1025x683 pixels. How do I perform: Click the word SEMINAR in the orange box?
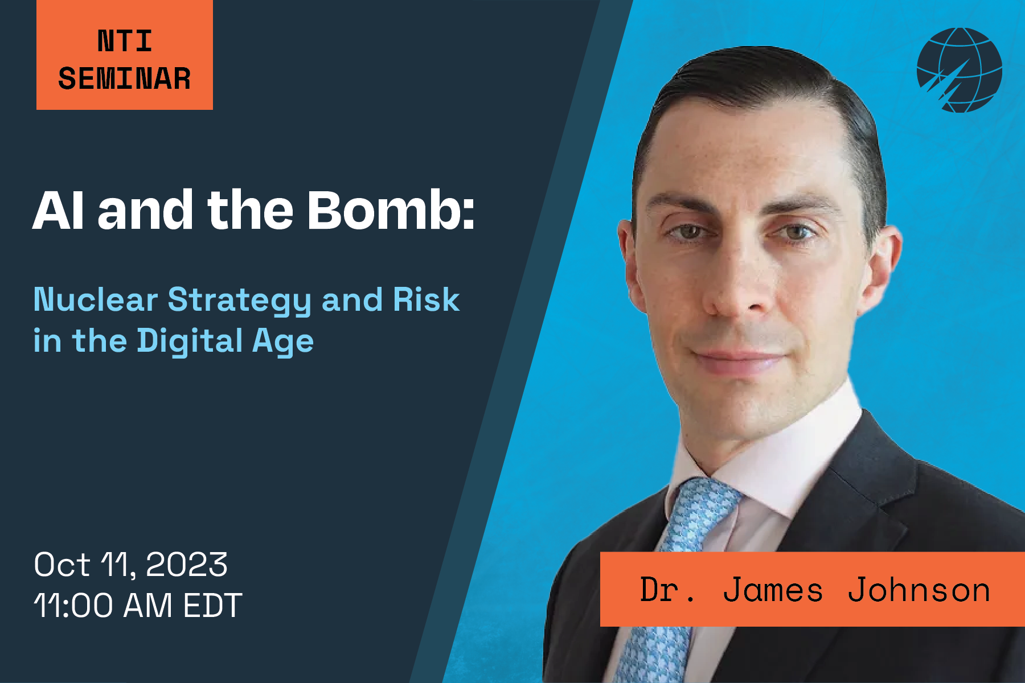click(x=124, y=79)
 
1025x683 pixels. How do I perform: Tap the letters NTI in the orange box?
click(x=125, y=41)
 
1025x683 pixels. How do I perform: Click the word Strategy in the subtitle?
click(x=239, y=301)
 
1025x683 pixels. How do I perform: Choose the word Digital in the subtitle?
click(x=190, y=341)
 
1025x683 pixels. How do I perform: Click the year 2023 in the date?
click(x=186, y=565)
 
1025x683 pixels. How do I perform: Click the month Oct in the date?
click(x=61, y=565)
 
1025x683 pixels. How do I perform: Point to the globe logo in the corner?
click(x=960, y=69)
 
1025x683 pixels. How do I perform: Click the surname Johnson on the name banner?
click(x=919, y=590)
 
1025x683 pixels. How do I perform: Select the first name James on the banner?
click(x=773, y=590)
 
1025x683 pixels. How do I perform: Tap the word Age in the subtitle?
click(x=282, y=341)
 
